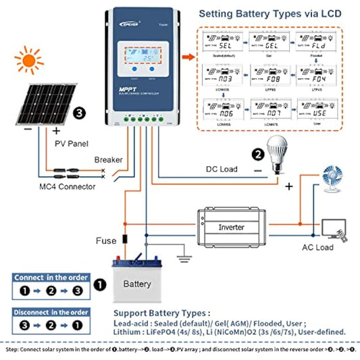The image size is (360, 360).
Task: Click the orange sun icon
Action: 28,63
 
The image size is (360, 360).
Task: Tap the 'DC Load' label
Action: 222,169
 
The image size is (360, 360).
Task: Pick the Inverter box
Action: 231,227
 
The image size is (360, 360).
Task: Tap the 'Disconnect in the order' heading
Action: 51,312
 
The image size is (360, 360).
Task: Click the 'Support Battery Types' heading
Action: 161,313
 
